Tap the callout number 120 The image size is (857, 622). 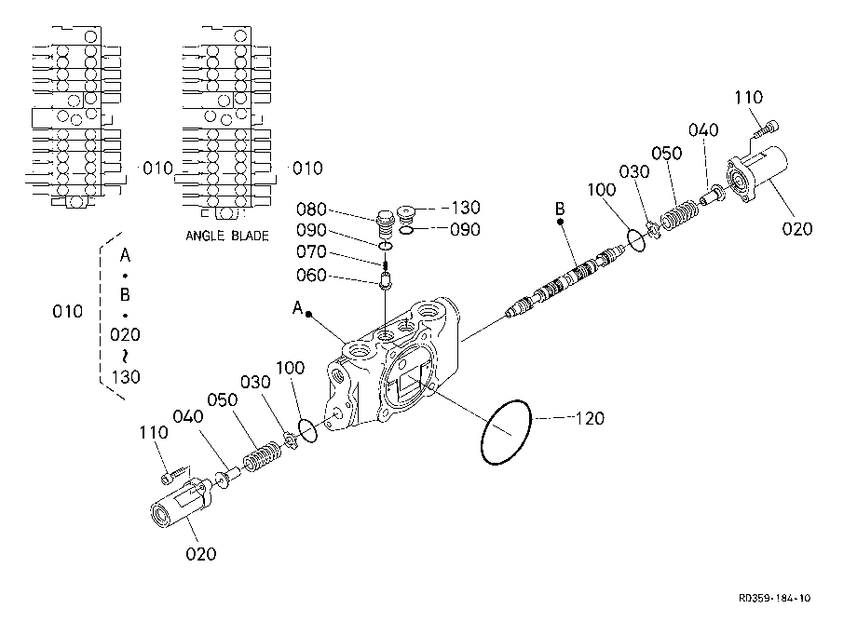591,419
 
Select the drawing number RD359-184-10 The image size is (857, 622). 774,598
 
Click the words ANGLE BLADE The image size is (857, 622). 227,236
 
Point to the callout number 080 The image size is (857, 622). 311,210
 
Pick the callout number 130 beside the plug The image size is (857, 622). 466,208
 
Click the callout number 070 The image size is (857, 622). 311,251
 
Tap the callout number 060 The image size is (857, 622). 311,275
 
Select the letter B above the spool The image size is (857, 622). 560,209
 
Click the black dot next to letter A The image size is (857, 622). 309,314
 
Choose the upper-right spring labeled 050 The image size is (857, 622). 679,213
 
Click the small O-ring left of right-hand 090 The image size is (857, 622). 405,230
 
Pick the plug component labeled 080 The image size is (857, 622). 386,223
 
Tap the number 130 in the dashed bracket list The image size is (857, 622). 126,377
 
